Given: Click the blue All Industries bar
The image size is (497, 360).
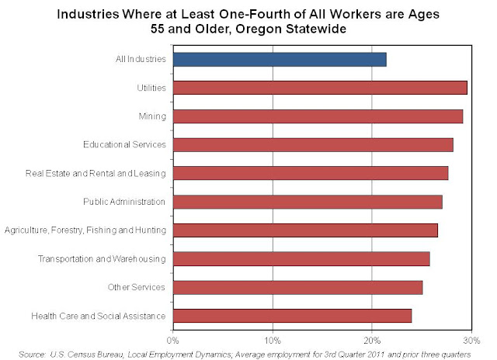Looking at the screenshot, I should pyautogui.click(x=280, y=59).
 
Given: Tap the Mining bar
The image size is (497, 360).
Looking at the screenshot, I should pyautogui.click(x=318, y=116).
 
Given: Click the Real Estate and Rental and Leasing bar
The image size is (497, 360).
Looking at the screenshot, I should pyautogui.click(x=311, y=173).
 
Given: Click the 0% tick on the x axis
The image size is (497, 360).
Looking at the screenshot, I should pyautogui.click(x=173, y=339).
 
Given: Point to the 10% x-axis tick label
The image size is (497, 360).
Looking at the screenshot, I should pyautogui.click(x=273, y=339).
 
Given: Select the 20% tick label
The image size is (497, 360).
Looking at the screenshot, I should pyautogui.click(x=372, y=339).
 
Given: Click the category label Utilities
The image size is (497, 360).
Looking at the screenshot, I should pyautogui.click(x=151, y=88).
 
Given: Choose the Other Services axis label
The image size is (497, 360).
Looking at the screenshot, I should pyautogui.click(x=137, y=288).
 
